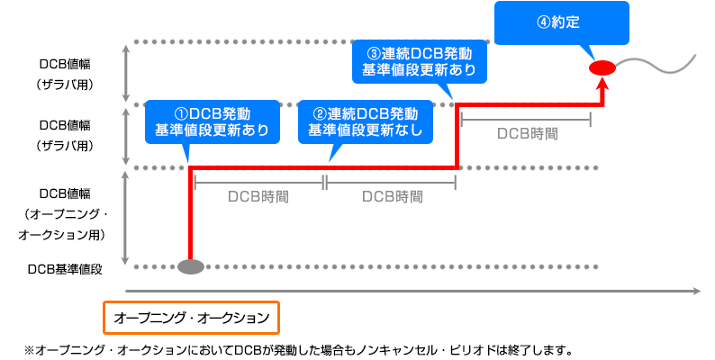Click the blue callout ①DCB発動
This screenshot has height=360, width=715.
[212, 121]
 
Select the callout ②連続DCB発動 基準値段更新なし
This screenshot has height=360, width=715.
[364, 121]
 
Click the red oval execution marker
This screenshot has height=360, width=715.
[601, 67]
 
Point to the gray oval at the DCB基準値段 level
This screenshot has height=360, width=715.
[191, 266]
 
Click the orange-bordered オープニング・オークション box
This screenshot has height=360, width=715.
[192, 317]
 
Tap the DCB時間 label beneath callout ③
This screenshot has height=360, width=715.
[527, 133]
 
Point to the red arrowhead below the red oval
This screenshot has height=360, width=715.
[602, 82]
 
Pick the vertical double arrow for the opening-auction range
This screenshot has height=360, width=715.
[128, 216]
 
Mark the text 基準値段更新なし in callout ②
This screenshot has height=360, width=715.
[364, 130]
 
